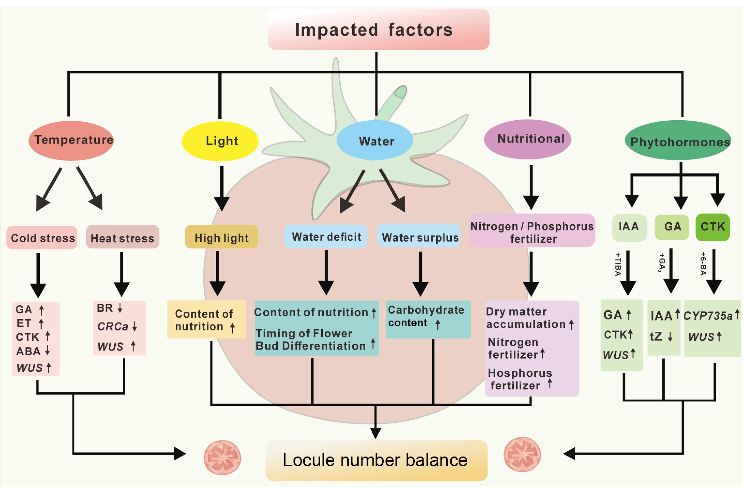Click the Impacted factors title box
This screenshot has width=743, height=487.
[x=378, y=30]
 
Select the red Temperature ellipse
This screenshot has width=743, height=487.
[x=71, y=141]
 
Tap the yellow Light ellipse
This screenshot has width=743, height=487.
[x=220, y=141]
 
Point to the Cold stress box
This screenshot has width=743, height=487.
[x=42, y=238]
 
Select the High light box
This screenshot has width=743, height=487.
[x=221, y=237]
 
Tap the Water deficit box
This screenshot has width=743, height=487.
[x=326, y=237]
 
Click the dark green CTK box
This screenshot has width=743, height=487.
[x=713, y=227]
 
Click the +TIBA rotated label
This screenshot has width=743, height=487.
[x=617, y=264]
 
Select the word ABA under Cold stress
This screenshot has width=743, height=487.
[x=28, y=351]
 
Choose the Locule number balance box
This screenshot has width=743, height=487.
[x=376, y=460]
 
